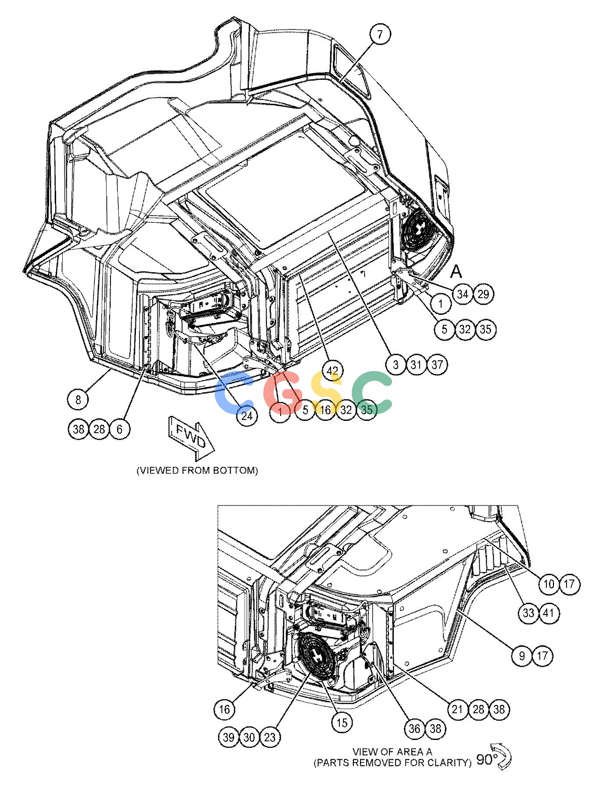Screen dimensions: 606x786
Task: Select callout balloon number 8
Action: [78, 399]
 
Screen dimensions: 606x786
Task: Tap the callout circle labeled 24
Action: [247, 415]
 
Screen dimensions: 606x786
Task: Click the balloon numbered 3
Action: [396, 364]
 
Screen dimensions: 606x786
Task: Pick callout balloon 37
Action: [437, 364]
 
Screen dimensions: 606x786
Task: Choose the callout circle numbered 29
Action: [483, 294]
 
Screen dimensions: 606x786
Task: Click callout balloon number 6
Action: [120, 428]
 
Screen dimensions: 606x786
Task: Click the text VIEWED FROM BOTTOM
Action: [197, 470]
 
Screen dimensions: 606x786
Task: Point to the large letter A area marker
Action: [456, 272]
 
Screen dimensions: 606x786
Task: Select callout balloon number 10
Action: [549, 583]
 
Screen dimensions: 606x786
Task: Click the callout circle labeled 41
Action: [549, 612]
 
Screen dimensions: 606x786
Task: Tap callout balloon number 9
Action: [522, 656]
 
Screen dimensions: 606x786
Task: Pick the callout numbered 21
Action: [457, 709]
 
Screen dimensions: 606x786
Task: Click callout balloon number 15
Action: [342, 722]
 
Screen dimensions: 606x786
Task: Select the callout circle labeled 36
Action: [414, 729]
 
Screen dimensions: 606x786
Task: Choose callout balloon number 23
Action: [270, 737]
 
